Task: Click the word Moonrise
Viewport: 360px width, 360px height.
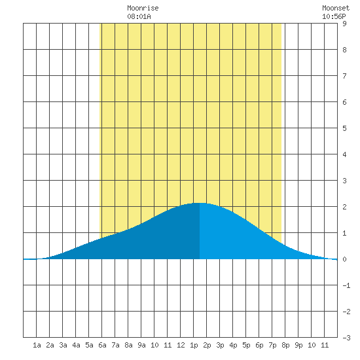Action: (143, 8)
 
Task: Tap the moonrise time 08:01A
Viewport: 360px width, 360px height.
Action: (139, 16)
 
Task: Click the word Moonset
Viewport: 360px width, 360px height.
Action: (336, 8)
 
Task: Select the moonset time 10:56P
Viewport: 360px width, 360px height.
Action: (334, 16)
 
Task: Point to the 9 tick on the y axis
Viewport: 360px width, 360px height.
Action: (344, 24)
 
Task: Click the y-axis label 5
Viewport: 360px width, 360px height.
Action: (344, 128)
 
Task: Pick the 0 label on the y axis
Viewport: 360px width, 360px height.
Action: (344, 259)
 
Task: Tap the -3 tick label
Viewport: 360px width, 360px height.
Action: (346, 338)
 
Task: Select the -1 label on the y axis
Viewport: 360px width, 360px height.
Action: (346, 285)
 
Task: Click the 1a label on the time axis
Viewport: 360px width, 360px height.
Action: (37, 345)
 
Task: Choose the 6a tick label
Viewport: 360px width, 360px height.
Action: (102, 345)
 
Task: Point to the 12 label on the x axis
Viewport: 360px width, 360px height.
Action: (181, 345)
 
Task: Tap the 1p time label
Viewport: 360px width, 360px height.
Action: (194, 345)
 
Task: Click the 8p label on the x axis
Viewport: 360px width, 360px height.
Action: (285, 345)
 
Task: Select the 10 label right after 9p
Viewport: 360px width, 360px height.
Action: (312, 345)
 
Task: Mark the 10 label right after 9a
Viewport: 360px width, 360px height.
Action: (154, 345)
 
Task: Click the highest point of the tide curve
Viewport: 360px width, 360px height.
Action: (200, 203)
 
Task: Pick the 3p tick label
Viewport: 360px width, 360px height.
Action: (220, 345)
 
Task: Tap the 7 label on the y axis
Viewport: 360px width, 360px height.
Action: (344, 76)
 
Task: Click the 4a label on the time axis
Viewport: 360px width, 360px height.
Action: (76, 345)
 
